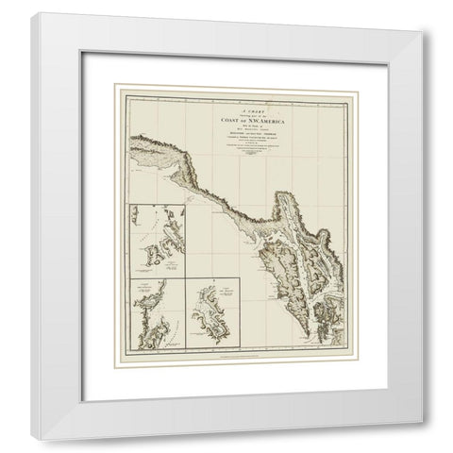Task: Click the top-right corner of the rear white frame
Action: click(x=416, y=12)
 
